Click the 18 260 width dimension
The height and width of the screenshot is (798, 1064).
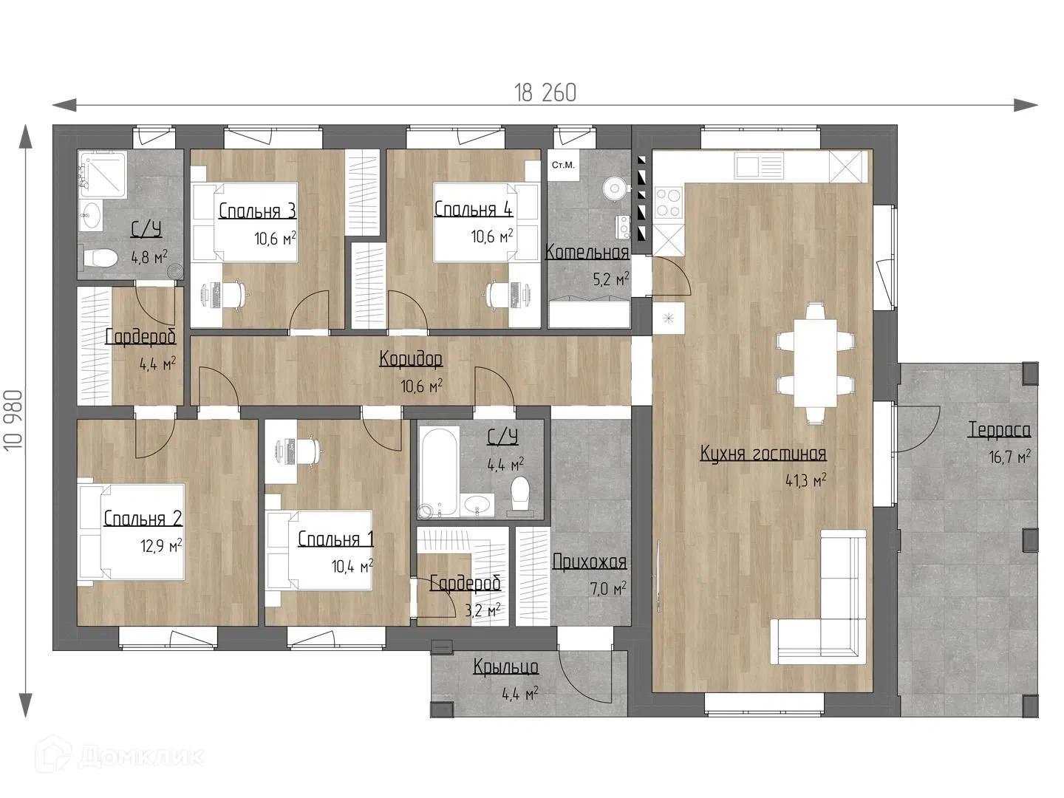coord(545,92)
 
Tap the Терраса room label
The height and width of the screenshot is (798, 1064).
coord(1000,430)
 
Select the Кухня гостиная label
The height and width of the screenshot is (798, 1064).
coord(763,454)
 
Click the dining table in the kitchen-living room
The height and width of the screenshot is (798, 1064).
coord(815,364)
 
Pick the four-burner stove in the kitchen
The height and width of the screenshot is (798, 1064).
coord(668,203)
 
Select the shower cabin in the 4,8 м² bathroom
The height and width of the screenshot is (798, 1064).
coord(103,174)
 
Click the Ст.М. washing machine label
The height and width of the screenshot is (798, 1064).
coord(563,166)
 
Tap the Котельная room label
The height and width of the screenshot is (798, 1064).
coord(587,252)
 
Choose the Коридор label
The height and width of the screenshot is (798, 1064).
coord(411,359)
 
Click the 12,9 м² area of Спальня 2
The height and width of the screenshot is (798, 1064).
coord(161,546)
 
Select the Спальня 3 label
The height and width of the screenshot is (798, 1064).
coord(257,211)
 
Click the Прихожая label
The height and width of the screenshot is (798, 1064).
coord(590,562)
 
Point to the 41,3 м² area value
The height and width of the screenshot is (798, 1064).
coord(805,480)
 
